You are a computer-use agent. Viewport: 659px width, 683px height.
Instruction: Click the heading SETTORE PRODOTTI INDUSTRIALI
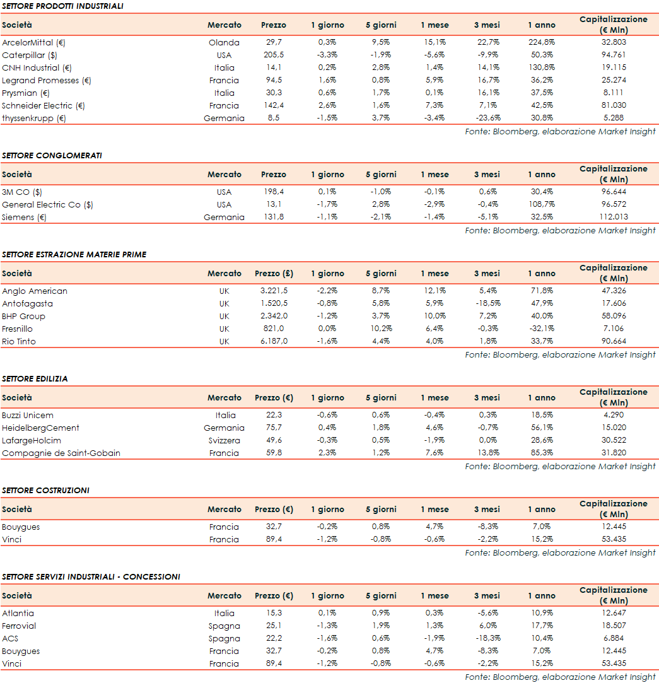click(62, 6)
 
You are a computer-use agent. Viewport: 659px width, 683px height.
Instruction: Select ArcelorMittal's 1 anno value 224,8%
click(541, 43)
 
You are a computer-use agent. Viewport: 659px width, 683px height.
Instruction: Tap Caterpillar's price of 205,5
click(273, 55)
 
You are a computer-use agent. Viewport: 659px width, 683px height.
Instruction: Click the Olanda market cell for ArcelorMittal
click(224, 43)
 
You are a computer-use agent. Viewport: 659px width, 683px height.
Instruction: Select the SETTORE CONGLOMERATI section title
click(52, 156)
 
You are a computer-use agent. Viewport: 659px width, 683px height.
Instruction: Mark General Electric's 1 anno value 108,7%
click(541, 205)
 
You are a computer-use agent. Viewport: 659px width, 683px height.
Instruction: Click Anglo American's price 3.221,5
click(274, 291)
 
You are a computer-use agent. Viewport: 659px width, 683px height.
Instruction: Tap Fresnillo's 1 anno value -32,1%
click(541, 329)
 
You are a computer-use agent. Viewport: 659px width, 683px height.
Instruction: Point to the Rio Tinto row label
click(19, 342)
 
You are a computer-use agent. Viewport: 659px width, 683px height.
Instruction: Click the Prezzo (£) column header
click(274, 274)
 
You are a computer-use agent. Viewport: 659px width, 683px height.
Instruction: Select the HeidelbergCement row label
click(40, 428)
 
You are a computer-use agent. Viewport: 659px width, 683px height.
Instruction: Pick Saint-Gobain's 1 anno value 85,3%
click(541, 453)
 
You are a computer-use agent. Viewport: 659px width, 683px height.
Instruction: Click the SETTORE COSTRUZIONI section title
click(45, 491)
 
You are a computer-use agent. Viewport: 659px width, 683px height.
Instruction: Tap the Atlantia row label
click(18, 614)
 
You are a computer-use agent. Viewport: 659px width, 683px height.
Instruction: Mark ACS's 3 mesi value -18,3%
click(486, 639)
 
